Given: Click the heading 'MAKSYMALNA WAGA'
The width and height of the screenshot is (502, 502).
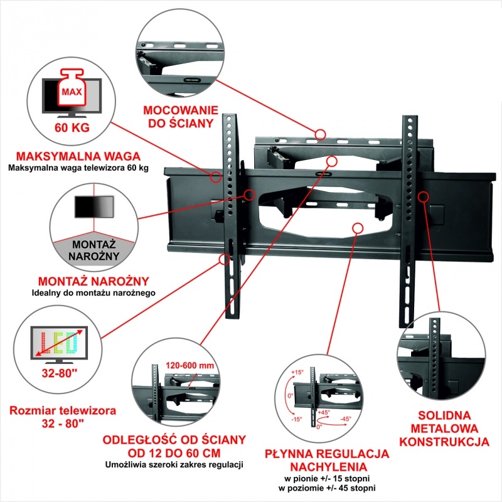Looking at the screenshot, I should coord(78,156).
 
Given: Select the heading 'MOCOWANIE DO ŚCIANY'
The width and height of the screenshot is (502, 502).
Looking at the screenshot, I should coord(180,115).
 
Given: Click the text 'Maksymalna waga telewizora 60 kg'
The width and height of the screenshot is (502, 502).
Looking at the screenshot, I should coord(78,168).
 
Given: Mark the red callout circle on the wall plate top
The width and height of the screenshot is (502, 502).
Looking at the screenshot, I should coord(321,134).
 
